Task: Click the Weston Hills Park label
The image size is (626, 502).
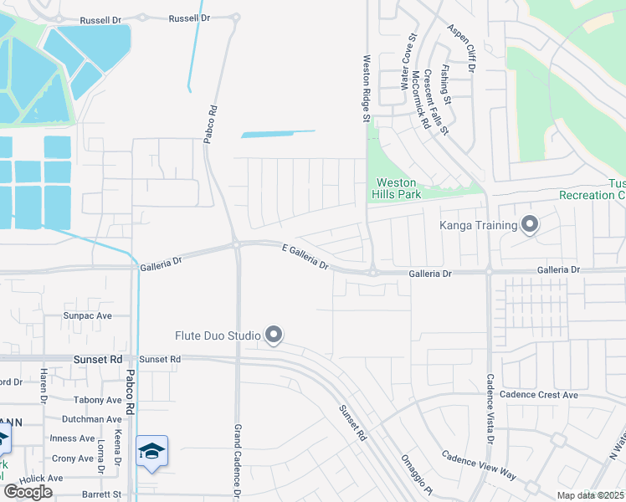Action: click(x=396, y=188)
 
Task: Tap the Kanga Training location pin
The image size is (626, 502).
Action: click(x=529, y=224)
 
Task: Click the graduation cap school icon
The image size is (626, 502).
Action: click(x=151, y=451)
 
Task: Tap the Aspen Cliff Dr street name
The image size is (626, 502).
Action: click(x=460, y=48)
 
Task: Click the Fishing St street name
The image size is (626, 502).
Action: click(x=446, y=87)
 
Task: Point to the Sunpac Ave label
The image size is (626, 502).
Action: click(x=88, y=316)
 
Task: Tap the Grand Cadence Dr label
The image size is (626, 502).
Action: click(x=238, y=460)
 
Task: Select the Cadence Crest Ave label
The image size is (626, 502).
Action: click(x=538, y=395)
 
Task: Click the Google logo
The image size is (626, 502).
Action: click(x=28, y=492)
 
